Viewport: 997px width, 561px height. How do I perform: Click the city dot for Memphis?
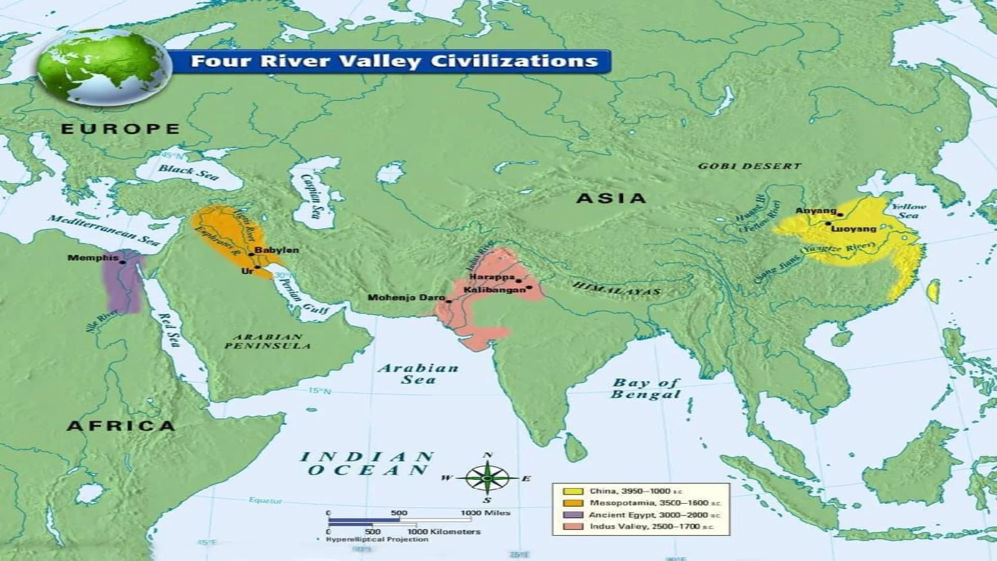123,262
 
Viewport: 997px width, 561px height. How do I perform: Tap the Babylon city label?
276,250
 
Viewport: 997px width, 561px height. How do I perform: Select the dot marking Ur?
258,267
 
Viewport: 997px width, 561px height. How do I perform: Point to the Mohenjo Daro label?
406,297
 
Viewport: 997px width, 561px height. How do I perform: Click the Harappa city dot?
518,280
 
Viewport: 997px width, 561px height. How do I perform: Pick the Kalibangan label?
494,289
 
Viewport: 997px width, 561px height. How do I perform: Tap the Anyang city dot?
840,214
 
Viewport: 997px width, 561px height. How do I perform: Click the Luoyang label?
853,229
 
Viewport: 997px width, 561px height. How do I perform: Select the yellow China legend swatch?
573,491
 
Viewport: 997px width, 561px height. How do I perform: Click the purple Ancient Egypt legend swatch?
573,514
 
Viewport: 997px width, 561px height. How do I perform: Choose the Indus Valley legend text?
651,526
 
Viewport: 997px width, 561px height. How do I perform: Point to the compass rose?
487,479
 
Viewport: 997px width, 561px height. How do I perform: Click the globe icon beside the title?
104,67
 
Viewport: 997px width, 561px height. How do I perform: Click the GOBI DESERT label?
749,166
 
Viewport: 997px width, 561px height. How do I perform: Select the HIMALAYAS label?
617,288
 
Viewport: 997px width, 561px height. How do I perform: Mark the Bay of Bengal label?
646,389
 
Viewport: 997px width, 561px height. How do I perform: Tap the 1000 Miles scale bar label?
485,513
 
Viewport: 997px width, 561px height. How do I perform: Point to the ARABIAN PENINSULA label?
267,341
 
